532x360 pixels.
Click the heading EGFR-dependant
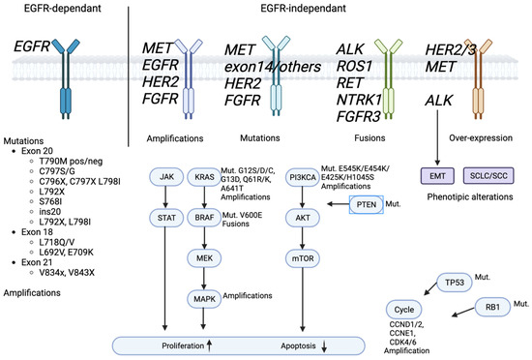pyautogui.click(x=60, y=9)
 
